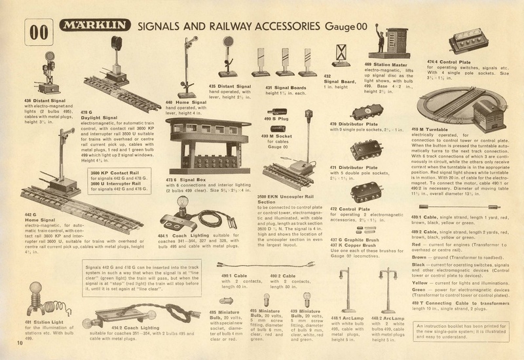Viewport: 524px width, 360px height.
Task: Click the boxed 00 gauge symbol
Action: (39, 31)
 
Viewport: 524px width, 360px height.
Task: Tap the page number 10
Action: (11, 342)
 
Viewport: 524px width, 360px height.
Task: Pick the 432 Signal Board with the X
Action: (340, 56)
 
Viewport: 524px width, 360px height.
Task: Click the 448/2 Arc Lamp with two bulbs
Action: (388, 288)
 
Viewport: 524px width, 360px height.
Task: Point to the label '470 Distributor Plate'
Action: (354, 124)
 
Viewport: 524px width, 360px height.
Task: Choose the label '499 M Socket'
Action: (276, 136)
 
